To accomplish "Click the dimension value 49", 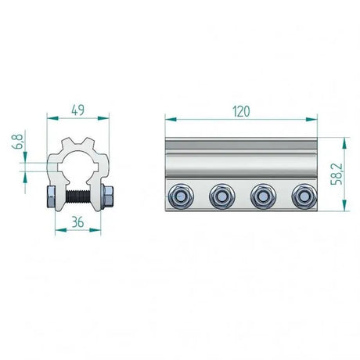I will point(77,110).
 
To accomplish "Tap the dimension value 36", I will point(77,221).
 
